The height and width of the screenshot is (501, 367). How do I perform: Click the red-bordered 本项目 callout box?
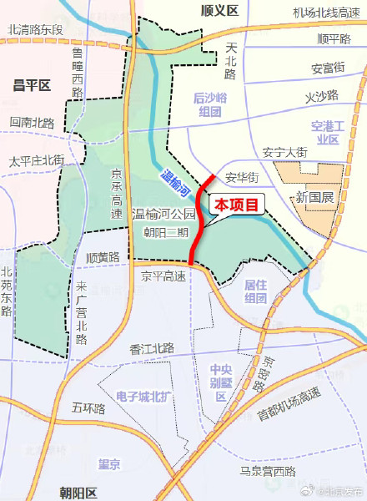click(x=238, y=203)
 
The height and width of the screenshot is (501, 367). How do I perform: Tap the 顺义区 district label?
click(x=220, y=10)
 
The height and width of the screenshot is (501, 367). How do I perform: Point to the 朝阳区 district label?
click(x=79, y=491)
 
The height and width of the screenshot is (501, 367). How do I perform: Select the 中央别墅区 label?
click(x=220, y=382)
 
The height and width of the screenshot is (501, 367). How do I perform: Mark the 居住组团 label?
click(x=255, y=291)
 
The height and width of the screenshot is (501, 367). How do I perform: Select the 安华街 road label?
click(x=242, y=178)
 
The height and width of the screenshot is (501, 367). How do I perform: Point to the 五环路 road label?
click(x=88, y=409)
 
